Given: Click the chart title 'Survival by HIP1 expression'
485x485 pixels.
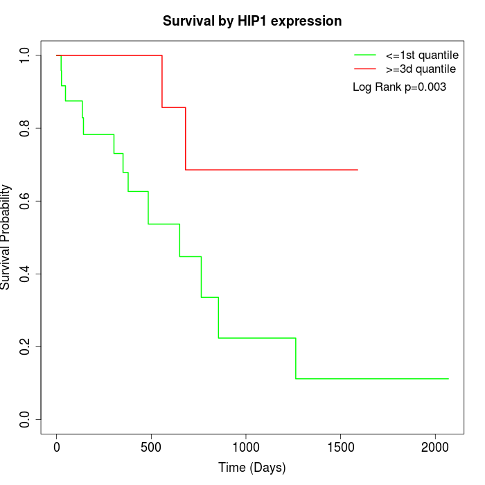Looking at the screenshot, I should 252,21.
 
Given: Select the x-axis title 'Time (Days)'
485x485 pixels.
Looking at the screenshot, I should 252,468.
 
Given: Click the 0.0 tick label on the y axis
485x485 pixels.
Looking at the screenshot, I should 26,419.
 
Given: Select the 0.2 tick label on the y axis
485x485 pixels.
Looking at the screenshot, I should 26,346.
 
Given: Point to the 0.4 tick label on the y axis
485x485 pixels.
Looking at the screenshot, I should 26,274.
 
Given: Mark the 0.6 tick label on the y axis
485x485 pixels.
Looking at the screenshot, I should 26,201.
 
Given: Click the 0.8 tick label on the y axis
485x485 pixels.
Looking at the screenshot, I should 26,128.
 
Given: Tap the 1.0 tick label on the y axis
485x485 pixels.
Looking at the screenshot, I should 26,55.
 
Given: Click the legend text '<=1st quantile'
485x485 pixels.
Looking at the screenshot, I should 422,55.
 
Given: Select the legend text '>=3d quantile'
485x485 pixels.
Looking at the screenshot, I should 421,69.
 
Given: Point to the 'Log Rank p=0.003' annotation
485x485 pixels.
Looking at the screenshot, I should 399,87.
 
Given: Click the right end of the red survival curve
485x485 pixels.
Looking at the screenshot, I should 358,170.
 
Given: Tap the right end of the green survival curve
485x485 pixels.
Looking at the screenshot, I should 448,379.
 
